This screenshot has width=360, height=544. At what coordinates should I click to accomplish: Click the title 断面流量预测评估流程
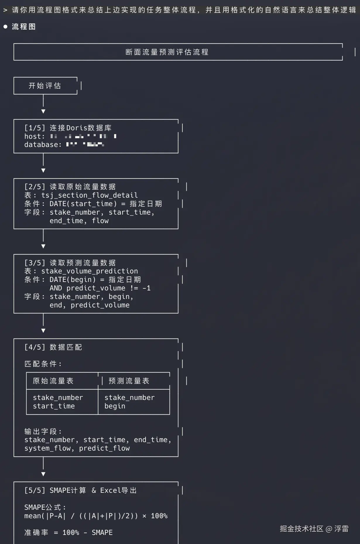tap(167, 52)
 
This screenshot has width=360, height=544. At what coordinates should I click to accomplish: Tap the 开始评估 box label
tap(45, 86)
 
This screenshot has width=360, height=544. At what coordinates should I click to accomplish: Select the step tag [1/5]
tap(35, 128)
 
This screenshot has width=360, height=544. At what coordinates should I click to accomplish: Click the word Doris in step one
tap(77, 128)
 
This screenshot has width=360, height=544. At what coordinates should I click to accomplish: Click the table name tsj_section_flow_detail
tap(90, 195)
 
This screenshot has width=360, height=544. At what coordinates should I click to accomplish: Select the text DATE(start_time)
tap(83, 204)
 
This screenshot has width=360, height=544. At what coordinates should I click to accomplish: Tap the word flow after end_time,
tap(100, 221)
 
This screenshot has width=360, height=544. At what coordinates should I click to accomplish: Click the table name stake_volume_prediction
tap(90, 271)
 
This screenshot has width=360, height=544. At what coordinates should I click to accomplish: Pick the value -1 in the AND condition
tap(147, 288)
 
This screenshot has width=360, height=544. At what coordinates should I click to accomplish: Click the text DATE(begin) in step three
tap(73, 280)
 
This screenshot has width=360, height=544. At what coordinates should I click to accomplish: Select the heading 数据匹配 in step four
tap(66, 347)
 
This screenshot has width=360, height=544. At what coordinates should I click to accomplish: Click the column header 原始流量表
tap(53, 381)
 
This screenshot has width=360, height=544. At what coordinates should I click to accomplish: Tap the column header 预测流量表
tap(129, 381)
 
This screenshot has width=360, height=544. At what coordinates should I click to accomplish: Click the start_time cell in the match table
tap(54, 406)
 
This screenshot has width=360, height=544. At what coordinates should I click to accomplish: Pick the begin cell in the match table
tap(115, 406)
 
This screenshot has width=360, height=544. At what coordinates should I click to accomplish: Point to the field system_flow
tap(48, 448)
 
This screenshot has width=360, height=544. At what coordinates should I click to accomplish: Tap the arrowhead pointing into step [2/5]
tap(43, 170)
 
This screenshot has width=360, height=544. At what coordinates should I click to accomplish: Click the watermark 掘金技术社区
tap(301, 528)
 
